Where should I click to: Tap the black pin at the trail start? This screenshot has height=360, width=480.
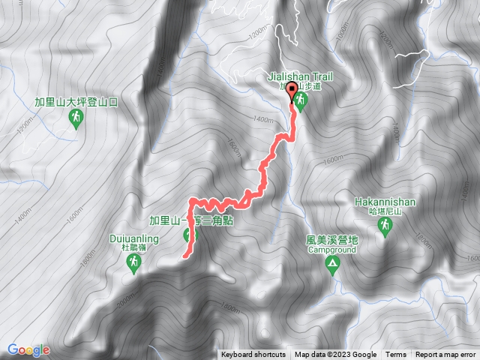292,96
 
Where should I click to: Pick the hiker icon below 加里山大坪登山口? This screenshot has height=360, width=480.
76,117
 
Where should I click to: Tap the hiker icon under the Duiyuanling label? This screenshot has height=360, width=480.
134,262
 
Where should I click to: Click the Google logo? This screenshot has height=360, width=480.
28,349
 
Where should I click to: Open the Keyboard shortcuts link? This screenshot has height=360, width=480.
253,355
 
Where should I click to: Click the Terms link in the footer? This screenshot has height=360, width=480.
396,355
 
